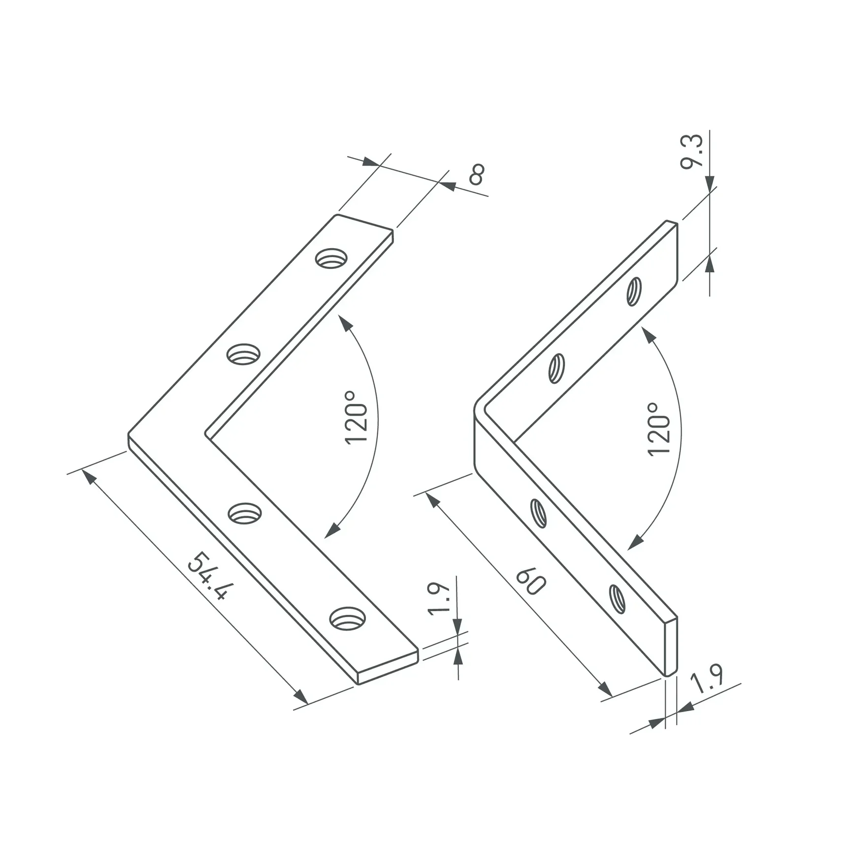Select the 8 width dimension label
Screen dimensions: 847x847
[x=476, y=174]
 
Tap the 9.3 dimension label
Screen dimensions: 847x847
[x=692, y=152]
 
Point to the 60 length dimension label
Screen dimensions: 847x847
[x=530, y=581]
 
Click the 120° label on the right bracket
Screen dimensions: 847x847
[x=659, y=429]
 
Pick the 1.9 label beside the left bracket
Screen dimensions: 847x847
[x=438, y=598]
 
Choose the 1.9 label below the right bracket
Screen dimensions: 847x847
[x=708, y=678]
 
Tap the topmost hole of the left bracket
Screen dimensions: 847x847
[x=331, y=258]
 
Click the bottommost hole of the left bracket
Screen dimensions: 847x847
[x=347, y=619]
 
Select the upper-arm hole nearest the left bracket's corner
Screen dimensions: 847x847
[x=243, y=354]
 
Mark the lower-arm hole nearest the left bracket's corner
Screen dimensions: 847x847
[x=245, y=513]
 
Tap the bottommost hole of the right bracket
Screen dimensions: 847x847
[x=617, y=598]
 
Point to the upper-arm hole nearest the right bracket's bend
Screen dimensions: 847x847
[x=556, y=368]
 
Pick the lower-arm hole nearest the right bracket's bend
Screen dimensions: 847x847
[x=539, y=513]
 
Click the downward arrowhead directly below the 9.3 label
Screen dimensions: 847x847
[x=710, y=185]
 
